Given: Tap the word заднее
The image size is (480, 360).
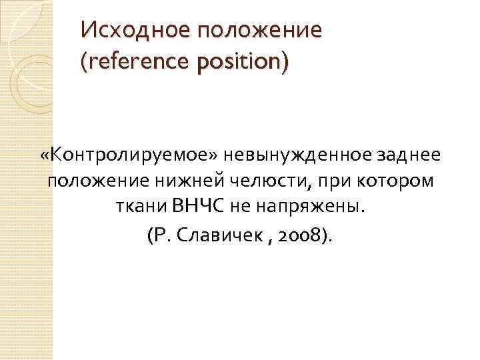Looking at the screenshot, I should (x=398, y=155).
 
